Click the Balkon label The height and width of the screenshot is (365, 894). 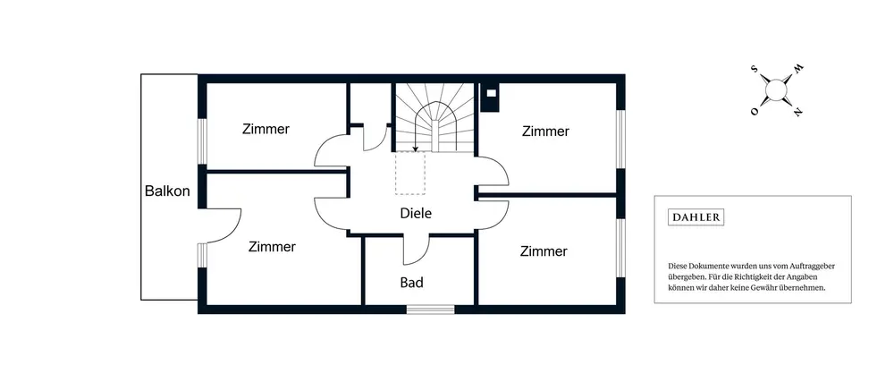[167, 191]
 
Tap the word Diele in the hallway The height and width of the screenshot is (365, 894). [415, 214]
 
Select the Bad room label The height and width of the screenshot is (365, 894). [411, 283]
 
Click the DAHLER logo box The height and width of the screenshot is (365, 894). [696, 216]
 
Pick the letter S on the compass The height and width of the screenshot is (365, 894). [755, 69]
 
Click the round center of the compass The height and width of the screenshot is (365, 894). [776, 89]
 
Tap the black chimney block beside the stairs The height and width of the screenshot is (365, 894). [490, 97]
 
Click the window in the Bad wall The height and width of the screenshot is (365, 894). [431, 310]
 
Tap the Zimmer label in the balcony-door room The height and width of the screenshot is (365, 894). [272, 247]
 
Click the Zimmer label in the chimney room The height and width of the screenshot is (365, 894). [545, 132]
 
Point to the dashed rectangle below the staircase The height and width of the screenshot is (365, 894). [410, 174]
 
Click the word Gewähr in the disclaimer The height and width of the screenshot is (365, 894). [767, 288]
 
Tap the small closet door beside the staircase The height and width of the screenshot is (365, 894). [378, 136]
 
